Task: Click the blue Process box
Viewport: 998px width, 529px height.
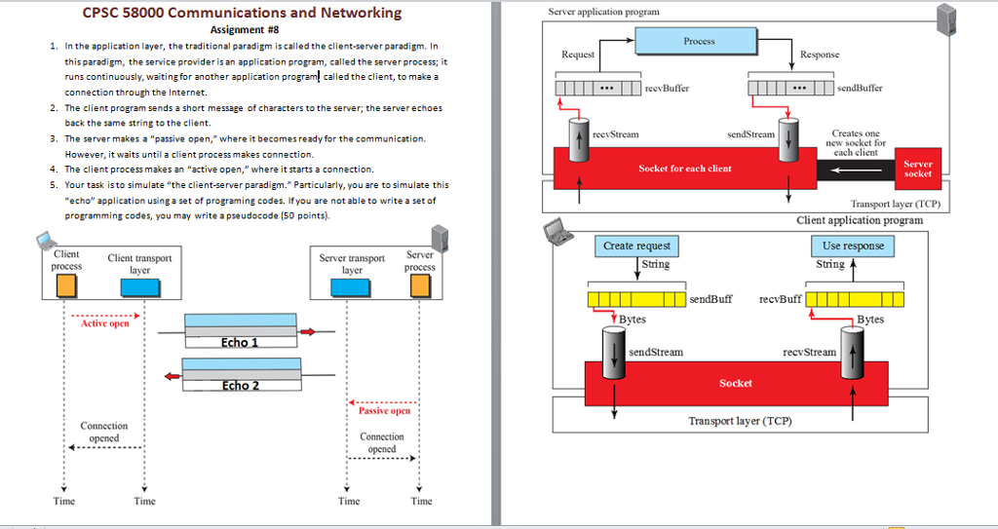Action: [699, 41]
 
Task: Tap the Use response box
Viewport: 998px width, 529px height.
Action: [852, 246]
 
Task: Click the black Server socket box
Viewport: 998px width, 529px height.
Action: [917, 169]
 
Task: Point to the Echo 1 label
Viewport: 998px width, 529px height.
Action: [240, 343]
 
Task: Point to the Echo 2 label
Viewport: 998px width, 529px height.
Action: [240, 386]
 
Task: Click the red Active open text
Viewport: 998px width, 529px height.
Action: [104, 323]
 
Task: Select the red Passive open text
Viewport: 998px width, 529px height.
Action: [384, 411]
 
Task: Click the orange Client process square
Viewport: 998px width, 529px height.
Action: [66, 285]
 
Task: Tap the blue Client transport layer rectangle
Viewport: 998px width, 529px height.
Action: [135, 286]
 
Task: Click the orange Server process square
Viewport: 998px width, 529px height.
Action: [420, 284]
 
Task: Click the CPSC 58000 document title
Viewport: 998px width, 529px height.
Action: [242, 13]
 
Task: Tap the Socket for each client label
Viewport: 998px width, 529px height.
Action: [684, 169]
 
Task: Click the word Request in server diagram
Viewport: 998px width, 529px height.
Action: [578, 55]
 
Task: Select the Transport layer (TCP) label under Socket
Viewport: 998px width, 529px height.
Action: [740, 421]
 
